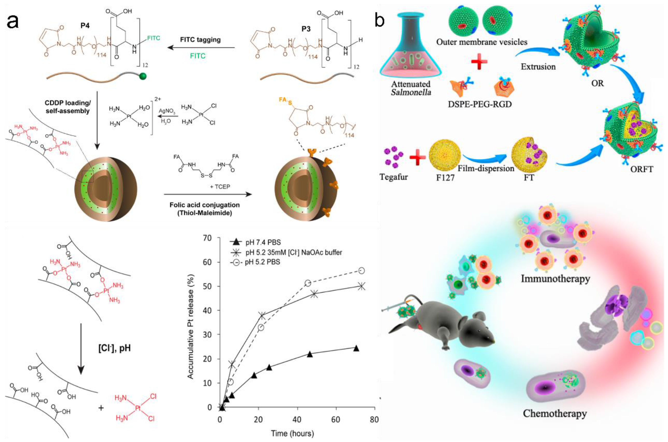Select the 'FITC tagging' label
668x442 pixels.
(200, 39)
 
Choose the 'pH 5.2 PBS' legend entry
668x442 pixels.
(262, 262)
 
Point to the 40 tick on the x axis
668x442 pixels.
(297, 420)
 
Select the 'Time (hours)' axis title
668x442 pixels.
(292, 433)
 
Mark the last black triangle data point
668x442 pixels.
(356, 348)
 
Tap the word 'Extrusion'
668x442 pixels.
(538, 67)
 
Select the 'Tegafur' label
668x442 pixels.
(394, 177)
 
